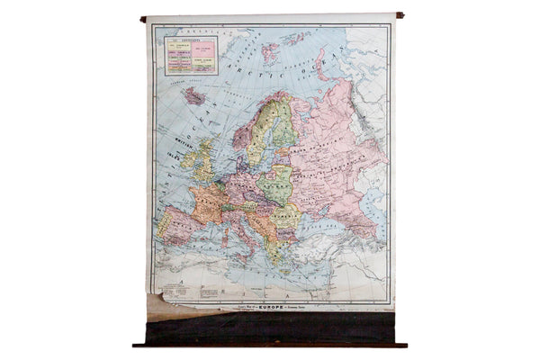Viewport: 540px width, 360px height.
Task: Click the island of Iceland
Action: click(193, 94)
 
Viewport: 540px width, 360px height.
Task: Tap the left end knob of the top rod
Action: click(143, 17)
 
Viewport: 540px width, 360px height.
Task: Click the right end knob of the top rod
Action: click(395, 15)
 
